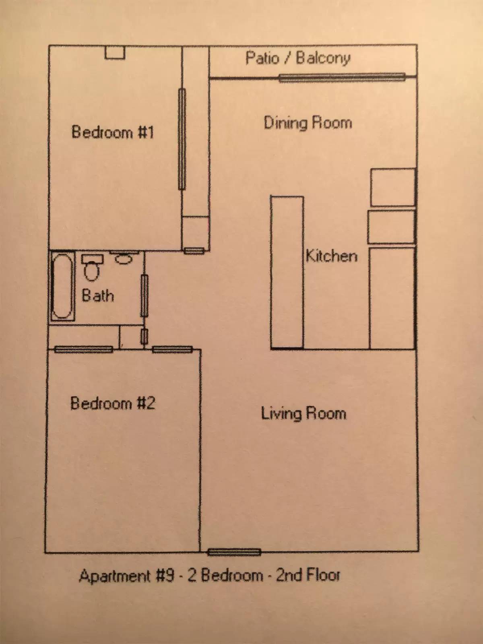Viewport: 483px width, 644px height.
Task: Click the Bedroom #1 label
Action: (x=113, y=132)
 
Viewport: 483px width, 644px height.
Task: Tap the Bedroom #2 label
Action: (x=113, y=403)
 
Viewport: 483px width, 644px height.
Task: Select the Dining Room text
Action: (x=308, y=123)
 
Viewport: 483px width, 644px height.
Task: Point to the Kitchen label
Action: (x=332, y=256)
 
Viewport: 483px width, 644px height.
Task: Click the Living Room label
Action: (x=303, y=414)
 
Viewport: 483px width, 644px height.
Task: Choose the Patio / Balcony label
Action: (x=298, y=58)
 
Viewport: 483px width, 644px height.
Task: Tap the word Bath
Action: (x=98, y=295)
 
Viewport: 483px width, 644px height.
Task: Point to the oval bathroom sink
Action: (x=124, y=259)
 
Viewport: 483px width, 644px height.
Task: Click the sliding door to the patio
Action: (x=342, y=78)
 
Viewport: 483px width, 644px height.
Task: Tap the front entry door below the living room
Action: (x=234, y=552)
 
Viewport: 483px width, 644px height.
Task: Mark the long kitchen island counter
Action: (x=287, y=272)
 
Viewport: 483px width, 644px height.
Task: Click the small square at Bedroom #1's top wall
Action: (x=115, y=52)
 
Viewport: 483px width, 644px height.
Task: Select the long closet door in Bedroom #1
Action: (x=182, y=139)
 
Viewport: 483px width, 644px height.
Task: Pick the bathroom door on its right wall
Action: (x=144, y=296)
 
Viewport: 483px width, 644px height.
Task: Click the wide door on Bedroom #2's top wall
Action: (x=84, y=349)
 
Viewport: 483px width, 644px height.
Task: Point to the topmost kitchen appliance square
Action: (x=393, y=187)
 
